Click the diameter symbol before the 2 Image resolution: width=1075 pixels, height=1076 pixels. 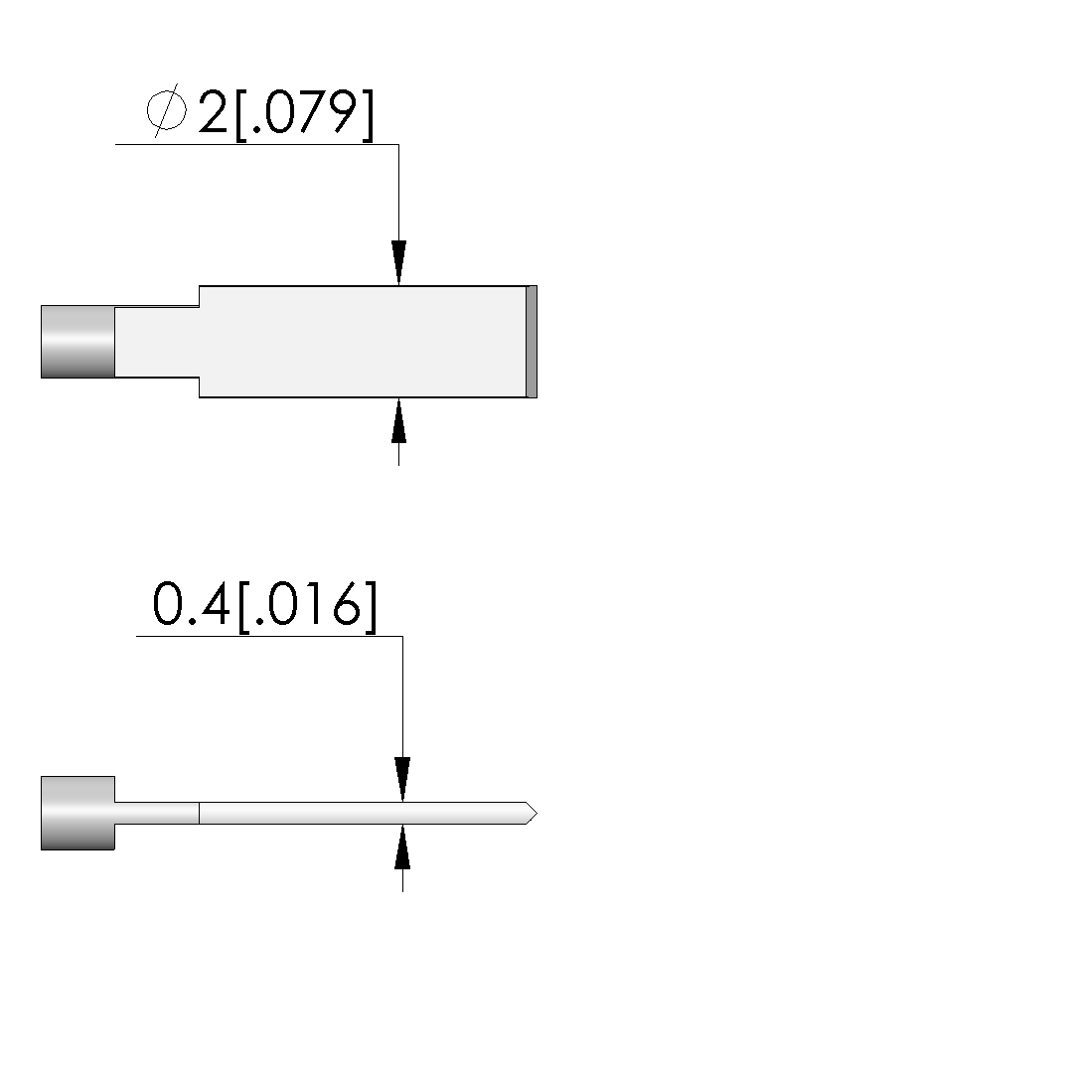[x=166, y=110]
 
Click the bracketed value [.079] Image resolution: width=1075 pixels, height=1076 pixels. [x=305, y=114]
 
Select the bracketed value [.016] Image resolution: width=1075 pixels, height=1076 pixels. [x=307, y=607]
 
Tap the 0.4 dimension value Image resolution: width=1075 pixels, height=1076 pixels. [x=191, y=604]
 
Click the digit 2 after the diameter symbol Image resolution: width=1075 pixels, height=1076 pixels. [x=213, y=111]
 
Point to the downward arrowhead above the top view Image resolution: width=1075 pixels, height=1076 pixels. [x=398, y=262]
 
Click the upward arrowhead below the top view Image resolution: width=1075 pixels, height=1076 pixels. [x=398, y=420]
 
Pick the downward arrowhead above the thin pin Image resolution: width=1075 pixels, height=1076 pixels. [x=402, y=779]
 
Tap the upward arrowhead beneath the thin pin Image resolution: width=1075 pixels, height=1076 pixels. [x=402, y=846]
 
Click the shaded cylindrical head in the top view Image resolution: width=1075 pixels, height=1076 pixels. [x=77, y=342]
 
